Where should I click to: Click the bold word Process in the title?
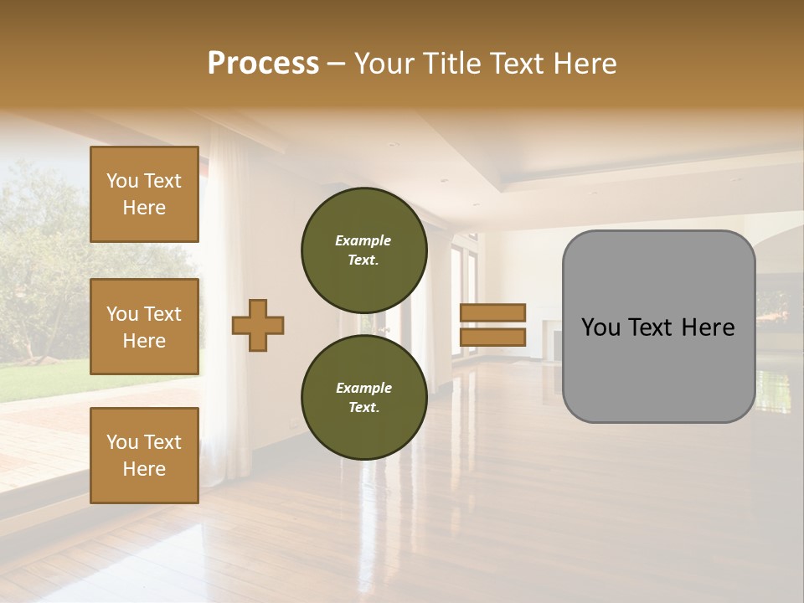pos(263,63)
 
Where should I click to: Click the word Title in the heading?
pos(451,63)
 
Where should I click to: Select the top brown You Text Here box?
pos(144,194)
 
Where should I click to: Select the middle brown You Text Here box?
pos(144,327)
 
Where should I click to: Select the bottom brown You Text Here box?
pos(144,455)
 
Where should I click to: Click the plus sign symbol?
pos(258,325)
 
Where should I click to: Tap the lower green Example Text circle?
pos(363,397)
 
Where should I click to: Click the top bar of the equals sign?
pos(492,313)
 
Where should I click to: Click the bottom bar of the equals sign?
pos(492,337)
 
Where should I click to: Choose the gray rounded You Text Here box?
pos(658,326)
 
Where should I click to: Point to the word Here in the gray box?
pos(708,327)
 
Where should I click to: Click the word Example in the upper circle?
pos(363,240)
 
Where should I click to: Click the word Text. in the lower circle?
pos(363,408)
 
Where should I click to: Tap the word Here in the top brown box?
pos(144,208)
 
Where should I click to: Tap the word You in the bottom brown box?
pos(122,442)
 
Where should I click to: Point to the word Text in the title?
pos(513,63)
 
